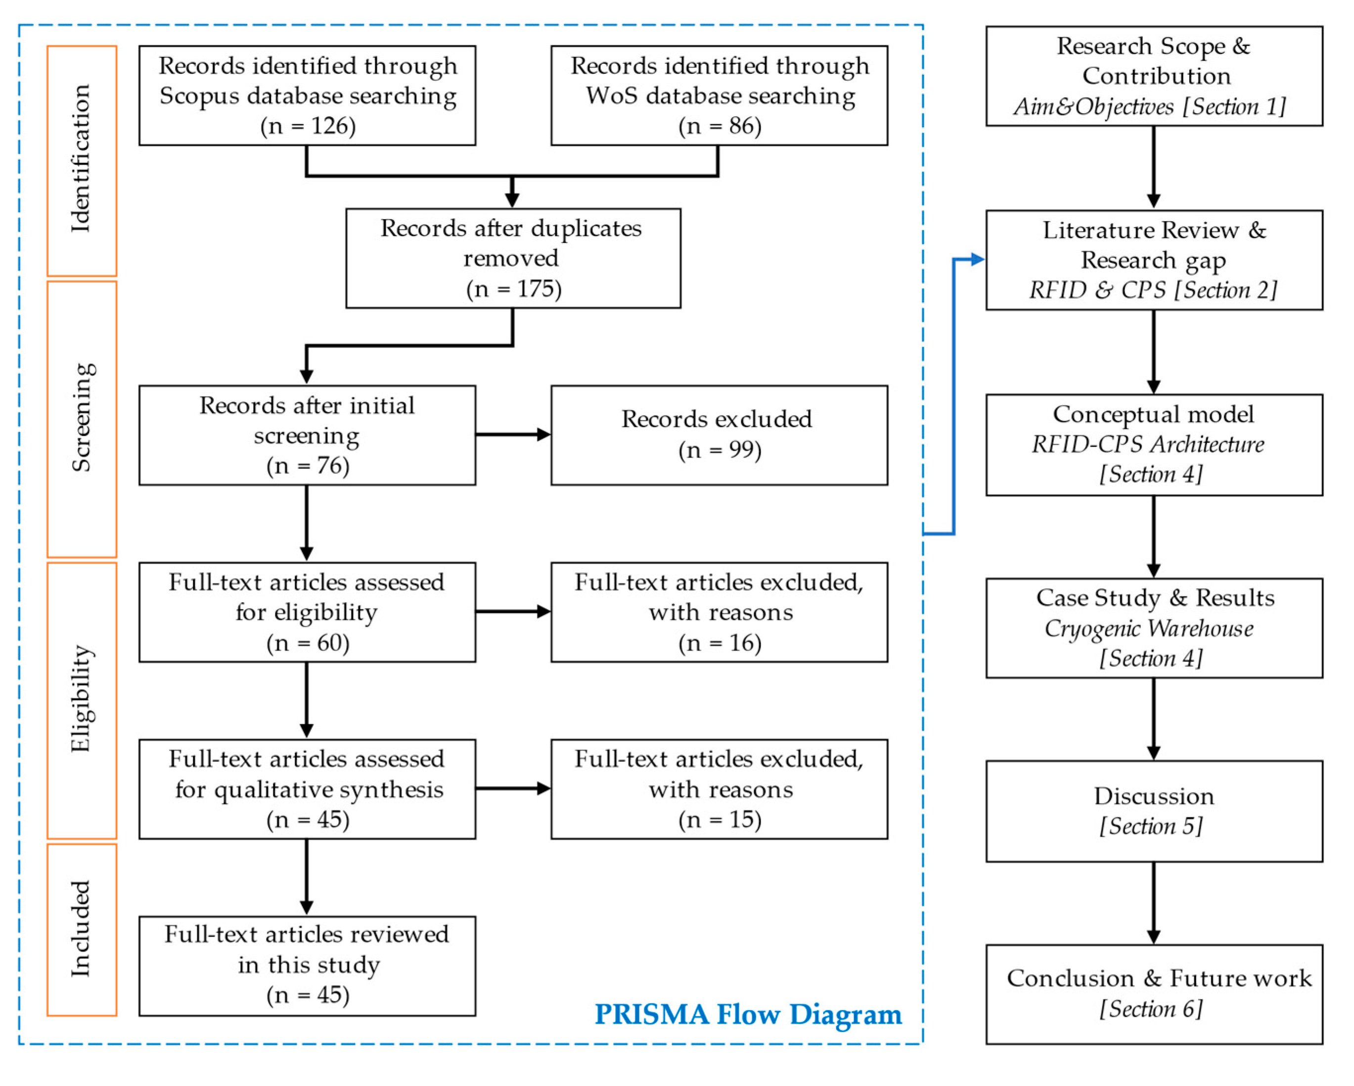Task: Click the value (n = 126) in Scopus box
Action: click(308, 126)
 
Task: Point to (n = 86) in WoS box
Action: click(720, 126)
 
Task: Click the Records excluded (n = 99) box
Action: click(719, 435)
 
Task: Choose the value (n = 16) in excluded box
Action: click(720, 643)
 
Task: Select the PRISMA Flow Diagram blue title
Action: click(747, 1014)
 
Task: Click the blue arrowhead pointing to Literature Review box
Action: click(977, 259)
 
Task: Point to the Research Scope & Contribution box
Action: click(1154, 76)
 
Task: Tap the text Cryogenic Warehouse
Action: click(1149, 628)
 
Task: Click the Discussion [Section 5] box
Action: click(1154, 811)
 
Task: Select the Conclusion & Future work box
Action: click(1154, 993)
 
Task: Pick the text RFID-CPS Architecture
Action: click(1147, 444)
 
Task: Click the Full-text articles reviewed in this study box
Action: click(307, 965)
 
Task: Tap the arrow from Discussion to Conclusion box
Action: click(1154, 902)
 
